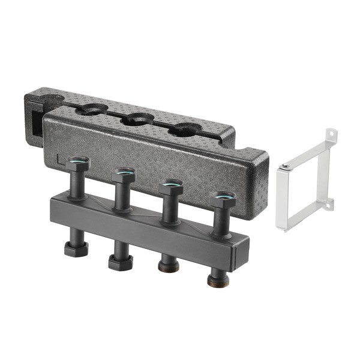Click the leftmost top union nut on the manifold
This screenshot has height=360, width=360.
tap(79, 164)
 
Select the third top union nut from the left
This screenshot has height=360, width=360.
tap(172, 187)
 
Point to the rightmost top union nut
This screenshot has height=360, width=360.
tap(223, 200)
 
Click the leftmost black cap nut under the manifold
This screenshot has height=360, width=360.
tap(76, 248)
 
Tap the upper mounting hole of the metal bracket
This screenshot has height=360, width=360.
tap(329, 134)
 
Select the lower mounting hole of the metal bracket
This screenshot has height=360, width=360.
tap(328, 206)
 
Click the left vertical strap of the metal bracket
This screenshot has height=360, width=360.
tap(281, 198)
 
